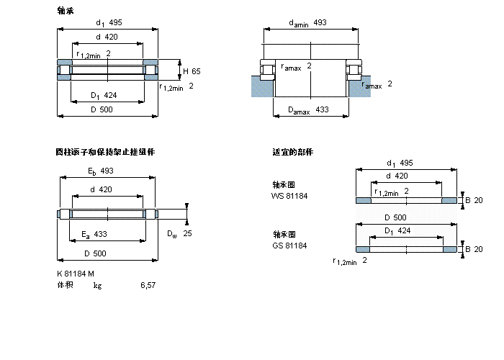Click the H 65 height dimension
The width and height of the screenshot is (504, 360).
(x=192, y=71)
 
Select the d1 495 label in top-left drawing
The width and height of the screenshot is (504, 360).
(x=107, y=23)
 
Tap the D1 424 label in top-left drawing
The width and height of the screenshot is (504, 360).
(x=104, y=95)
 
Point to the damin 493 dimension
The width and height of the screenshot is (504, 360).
(x=307, y=23)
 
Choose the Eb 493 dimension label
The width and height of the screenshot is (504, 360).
(x=101, y=171)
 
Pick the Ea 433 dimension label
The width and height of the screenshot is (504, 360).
(x=94, y=234)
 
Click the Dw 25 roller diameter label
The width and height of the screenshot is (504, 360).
(x=179, y=234)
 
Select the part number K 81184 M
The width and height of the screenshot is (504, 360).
(x=76, y=274)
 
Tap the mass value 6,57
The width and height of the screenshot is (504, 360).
(x=148, y=285)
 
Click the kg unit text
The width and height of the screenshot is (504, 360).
(x=97, y=285)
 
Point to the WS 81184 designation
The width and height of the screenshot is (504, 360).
(x=289, y=196)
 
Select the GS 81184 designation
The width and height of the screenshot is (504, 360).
(x=289, y=246)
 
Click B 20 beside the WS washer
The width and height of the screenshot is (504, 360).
(x=474, y=199)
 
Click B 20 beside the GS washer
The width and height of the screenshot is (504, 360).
(x=474, y=249)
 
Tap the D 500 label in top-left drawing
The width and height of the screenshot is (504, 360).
(x=102, y=109)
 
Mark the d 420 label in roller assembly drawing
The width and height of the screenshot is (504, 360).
(x=101, y=189)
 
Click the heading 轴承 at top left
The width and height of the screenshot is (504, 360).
(x=65, y=10)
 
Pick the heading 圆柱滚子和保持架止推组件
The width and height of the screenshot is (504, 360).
(x=105, y=152)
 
